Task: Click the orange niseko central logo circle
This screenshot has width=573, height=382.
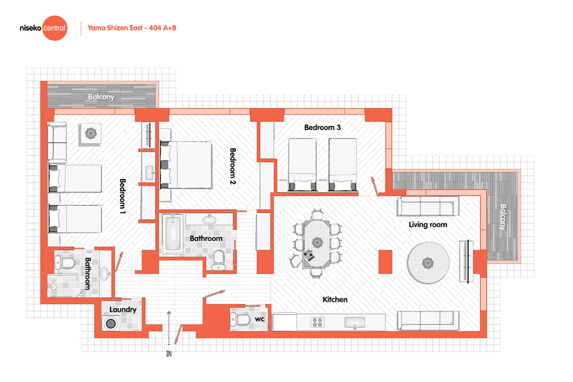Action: (x=55, y=28)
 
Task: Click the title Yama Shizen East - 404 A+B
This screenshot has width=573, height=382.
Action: (x=132, y=28)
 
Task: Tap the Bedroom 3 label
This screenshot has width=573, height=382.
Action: (x=322, y=127)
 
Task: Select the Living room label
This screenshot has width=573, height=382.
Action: (x=428, y=225)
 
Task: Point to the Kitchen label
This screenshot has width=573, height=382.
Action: (x=335, y=299)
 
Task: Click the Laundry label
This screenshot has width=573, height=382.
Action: (x=123, y=310)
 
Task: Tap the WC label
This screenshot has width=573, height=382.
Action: (x=260, y=319)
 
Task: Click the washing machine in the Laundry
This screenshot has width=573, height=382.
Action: (x=111, y=323)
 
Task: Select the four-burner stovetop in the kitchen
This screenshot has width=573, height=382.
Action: (x=317, y=322)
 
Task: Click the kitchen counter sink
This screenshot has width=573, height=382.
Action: (x=355, y=323)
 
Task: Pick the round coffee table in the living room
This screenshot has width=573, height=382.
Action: (x=428, y=263)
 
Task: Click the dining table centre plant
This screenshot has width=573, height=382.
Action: (x=317, y=242)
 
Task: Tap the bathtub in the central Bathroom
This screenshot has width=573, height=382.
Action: (x=173, y=233)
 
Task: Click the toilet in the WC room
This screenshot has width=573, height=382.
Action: (x=241, y=320)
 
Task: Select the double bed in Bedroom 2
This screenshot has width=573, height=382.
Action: (x=186, y=165)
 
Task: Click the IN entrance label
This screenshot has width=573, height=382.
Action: (x=169, y=354)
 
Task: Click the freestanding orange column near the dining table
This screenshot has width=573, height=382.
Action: (x=385, y=262)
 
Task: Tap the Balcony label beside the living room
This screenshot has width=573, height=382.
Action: (x=503, y=217)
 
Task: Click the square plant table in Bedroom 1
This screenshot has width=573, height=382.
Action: (x=90, y=134)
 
